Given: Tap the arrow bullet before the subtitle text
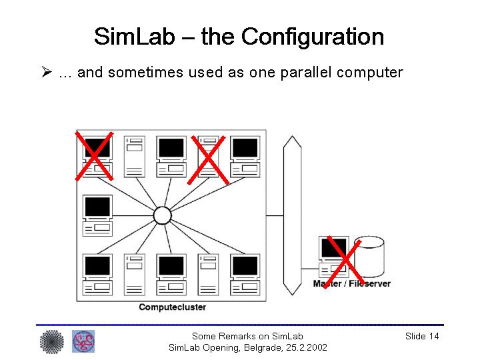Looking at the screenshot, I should (47, 71).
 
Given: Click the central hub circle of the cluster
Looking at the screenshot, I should (162, 215).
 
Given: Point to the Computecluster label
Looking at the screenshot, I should (172, 307).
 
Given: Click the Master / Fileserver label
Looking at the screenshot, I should (351, 283).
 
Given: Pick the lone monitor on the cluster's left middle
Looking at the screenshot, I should (97, 215).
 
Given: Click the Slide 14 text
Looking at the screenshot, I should (421, 336).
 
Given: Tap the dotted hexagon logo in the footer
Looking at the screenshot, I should (51, 342).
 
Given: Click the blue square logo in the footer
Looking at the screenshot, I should (83, 341).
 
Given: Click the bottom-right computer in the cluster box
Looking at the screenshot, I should (245, 274).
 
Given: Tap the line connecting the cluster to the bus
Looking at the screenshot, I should (275, 215).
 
